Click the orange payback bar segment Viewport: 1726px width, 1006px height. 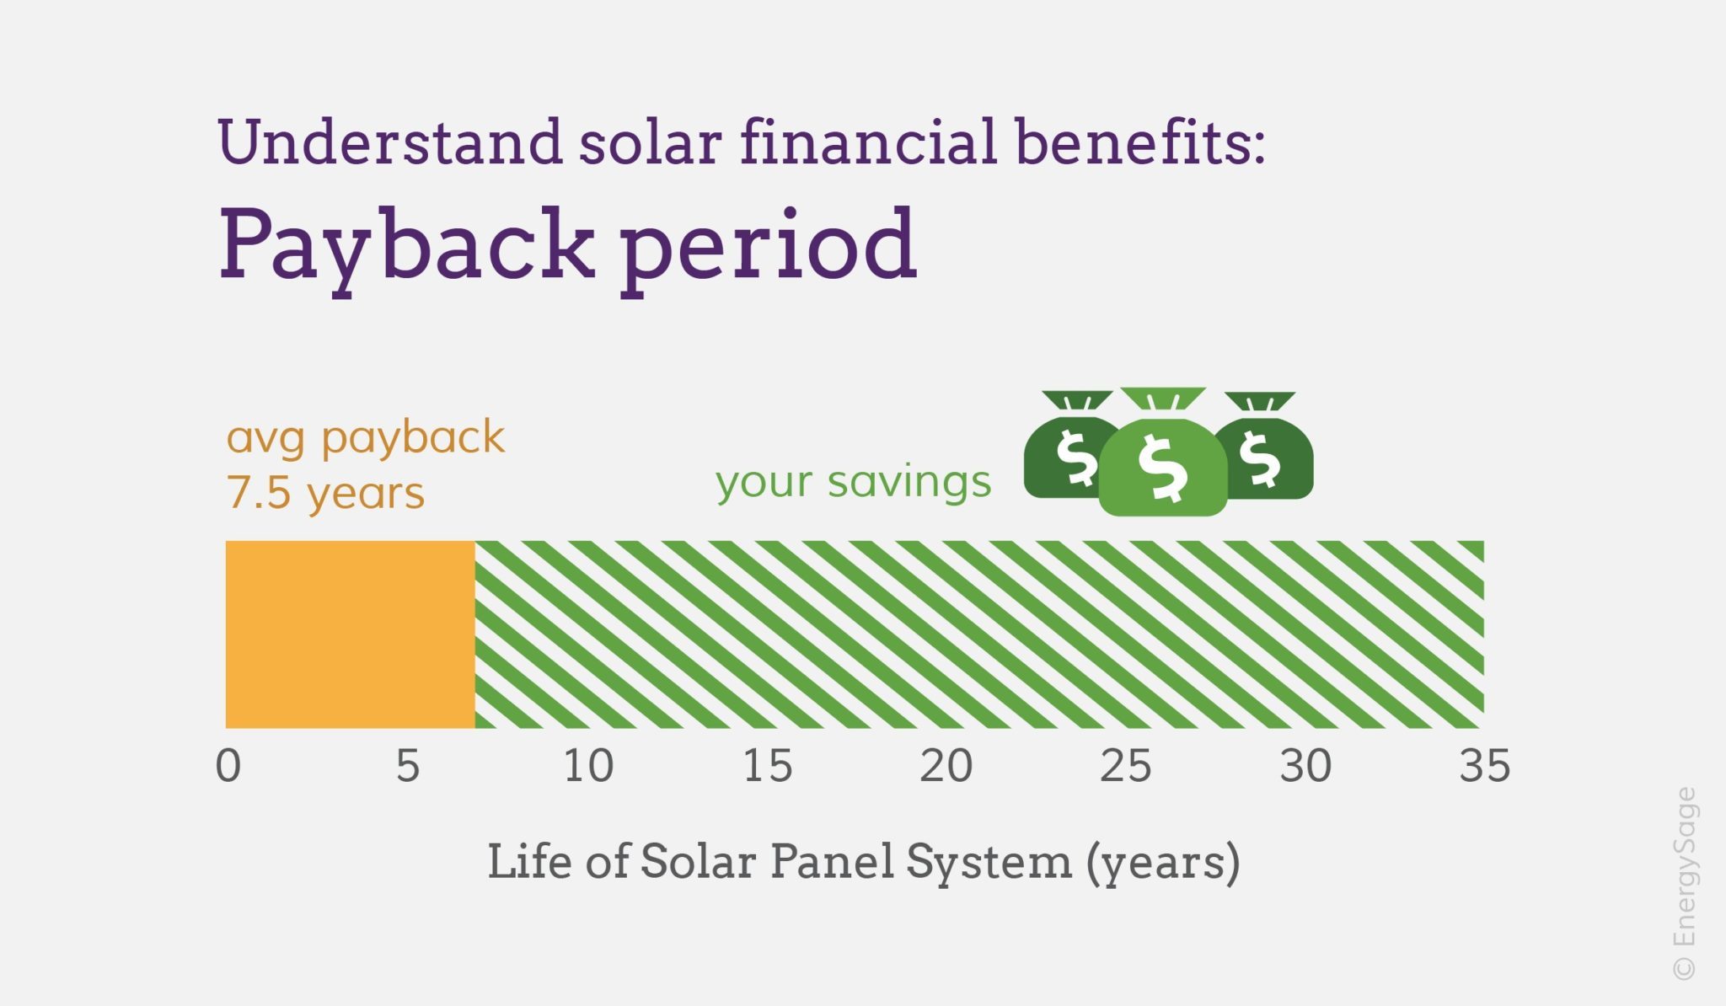point(350,634)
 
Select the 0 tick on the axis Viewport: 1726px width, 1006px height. point(228,767)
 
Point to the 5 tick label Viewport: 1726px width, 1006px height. point(408,767)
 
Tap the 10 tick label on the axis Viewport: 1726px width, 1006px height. point(588,767)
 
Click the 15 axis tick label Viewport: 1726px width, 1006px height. point(768,767)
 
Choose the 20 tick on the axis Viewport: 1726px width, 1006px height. point(946,767)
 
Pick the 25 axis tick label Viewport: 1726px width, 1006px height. point(1126,767)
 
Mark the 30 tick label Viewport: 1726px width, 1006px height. point(1305,767)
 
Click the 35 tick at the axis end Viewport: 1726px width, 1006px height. point(1485,767)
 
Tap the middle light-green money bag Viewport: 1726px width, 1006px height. point(1163,455)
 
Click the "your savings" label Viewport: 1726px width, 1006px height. point(854,482)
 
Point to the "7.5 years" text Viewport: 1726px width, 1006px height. point(325,493)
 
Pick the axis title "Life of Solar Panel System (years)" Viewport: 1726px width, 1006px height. point(864,863)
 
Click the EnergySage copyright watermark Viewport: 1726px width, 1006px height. point(1685,884)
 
